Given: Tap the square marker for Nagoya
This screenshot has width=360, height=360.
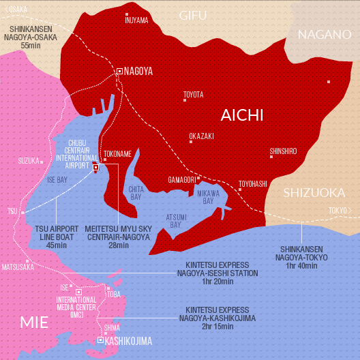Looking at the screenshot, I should (120, 71).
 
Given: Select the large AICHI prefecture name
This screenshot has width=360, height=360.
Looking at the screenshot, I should (241, 115).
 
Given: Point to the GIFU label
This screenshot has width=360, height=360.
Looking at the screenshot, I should (193, 16).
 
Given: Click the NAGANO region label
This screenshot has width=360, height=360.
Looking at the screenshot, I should (324, 34).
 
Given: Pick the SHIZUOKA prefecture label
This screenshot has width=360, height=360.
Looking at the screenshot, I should (314, 192).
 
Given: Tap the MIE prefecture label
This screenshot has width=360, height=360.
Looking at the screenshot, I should (34, 322).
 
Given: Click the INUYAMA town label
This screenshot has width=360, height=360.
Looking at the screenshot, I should (136, 20).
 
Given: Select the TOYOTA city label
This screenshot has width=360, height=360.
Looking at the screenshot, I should (194, 94).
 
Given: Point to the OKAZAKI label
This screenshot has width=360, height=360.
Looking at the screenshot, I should (202, 136).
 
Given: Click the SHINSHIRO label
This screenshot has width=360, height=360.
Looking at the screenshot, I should (284, 151).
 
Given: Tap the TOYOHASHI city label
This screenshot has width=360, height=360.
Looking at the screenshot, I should (253, 183).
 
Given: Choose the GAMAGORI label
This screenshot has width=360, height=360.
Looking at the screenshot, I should (182, 180).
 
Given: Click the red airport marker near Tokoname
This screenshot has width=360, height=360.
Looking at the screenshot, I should (95, 166).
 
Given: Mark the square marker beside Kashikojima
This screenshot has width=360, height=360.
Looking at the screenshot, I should (100, 340).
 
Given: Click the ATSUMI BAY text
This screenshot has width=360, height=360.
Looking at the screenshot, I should (175, 220).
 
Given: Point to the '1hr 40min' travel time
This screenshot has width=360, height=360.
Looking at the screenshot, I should (304, 267).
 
